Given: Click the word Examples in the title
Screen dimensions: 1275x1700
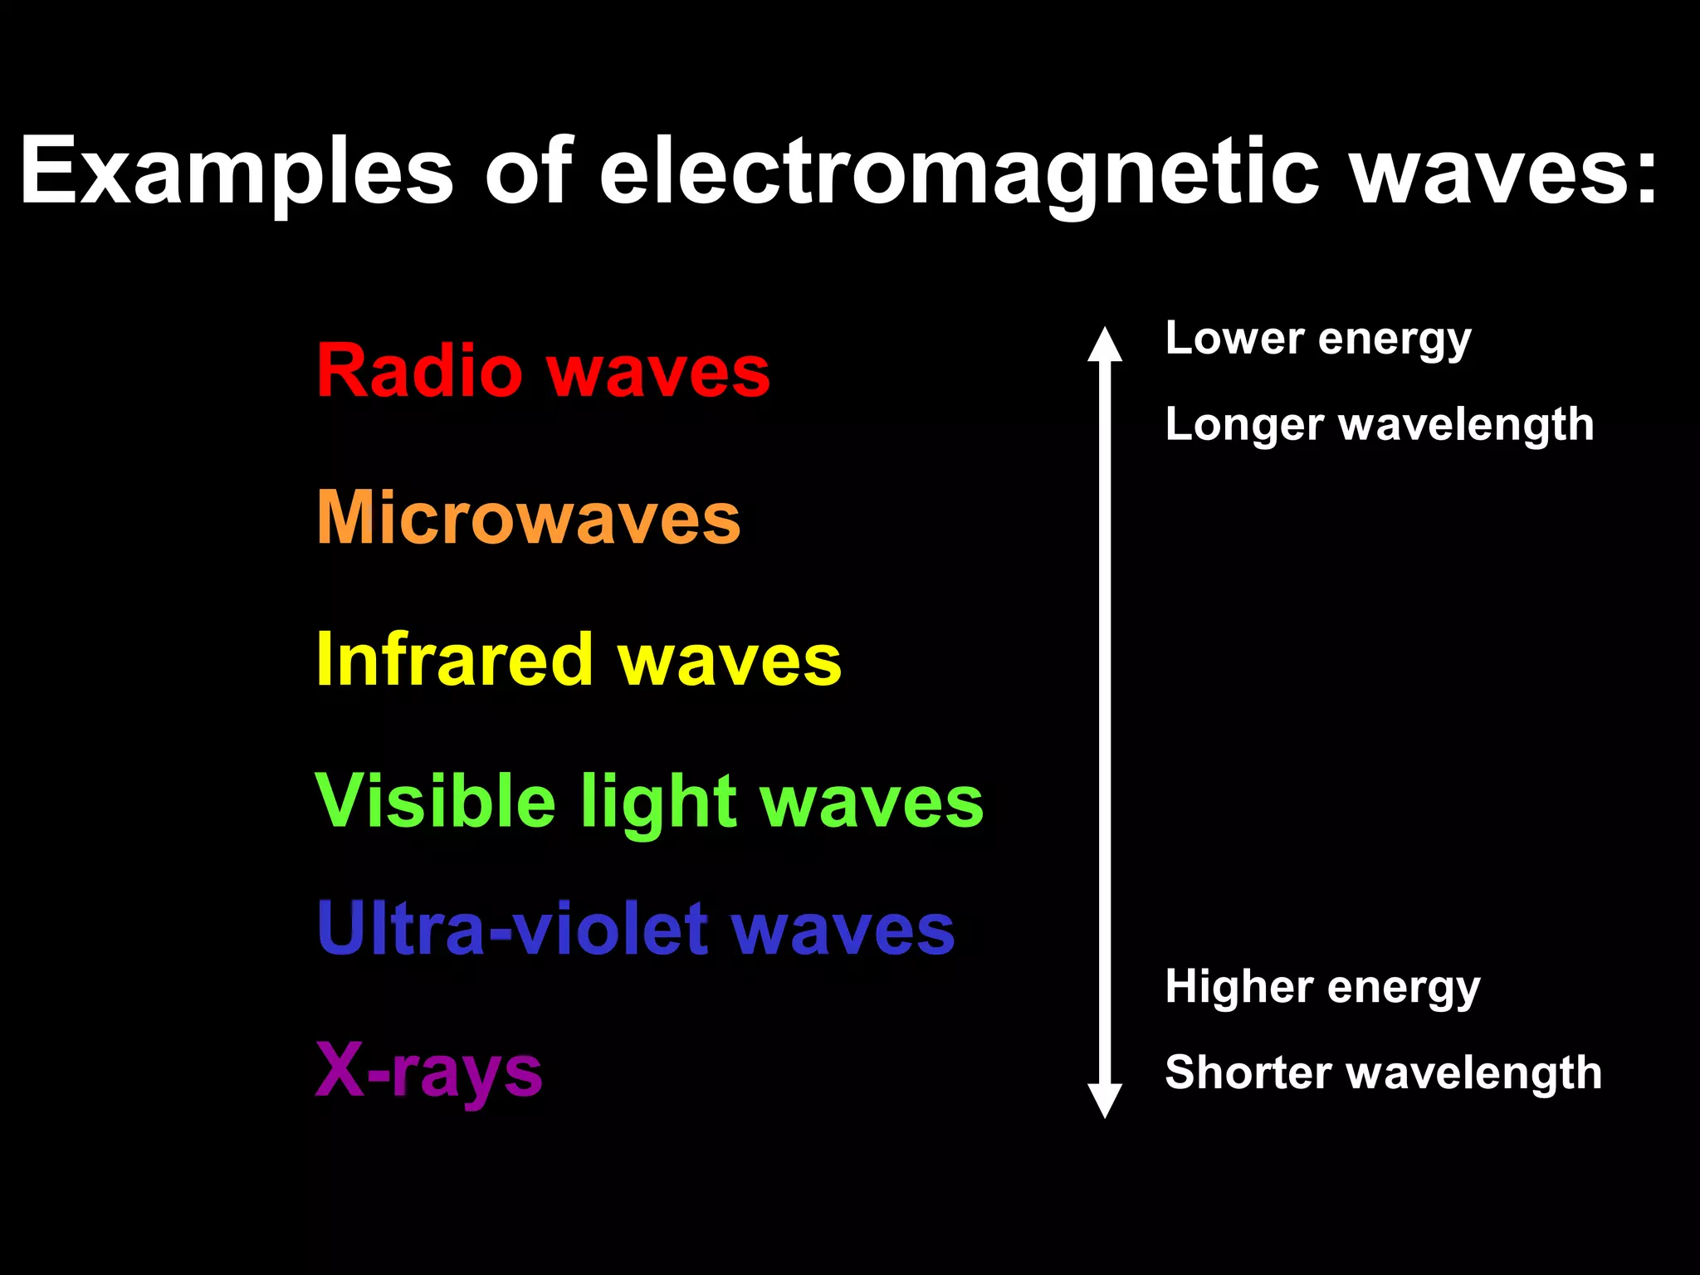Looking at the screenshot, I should click(237, 172).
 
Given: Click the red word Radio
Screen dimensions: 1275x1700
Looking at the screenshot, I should click(419, 371).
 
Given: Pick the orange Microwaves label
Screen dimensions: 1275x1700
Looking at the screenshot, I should click(529, 518).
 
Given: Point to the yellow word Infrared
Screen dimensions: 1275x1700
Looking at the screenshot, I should click(455, 660).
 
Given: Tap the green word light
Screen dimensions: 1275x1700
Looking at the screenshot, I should click(658, 804).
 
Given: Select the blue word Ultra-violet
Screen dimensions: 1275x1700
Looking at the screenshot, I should click(511, 929).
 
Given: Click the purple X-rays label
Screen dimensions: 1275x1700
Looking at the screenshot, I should click(429, 1072).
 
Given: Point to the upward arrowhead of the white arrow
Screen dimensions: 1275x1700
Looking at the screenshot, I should click(1105, 344).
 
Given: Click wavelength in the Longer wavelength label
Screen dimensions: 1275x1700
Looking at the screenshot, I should click(1467, 425).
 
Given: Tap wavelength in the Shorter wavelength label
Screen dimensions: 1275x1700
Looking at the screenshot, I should click(1474, 1072).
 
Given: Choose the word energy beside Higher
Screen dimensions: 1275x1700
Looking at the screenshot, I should click(1404, 989).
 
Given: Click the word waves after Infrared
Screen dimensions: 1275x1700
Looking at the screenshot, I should click(730, 661).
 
